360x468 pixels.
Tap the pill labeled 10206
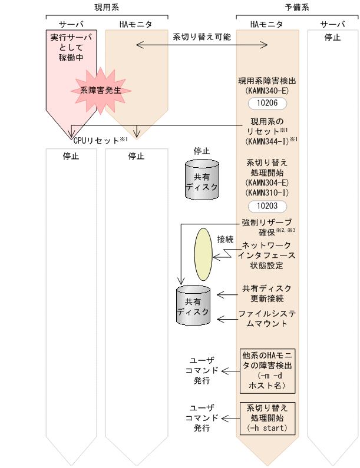pos(267,103)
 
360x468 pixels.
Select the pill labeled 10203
pos(267,206)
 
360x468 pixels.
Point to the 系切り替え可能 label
pos(202,36)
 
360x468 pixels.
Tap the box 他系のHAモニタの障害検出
pos(267,371)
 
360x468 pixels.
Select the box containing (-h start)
pos(267,417)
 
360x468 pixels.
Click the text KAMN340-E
pos(267,92)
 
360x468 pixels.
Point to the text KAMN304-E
pos(267,183)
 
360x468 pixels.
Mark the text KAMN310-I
pos(267,193)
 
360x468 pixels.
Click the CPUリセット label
pos(97,141)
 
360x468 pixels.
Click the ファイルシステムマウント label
pos(267,318)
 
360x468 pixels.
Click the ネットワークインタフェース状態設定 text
pos(268,255)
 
